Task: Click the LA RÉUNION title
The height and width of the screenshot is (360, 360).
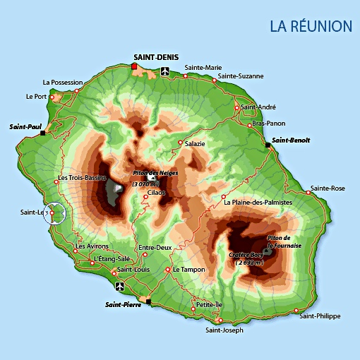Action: (311, 26)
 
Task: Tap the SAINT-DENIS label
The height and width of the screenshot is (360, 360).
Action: (156, 56)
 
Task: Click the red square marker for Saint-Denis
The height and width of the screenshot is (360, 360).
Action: (134, 66)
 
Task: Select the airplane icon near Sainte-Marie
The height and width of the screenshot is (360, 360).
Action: (165, 71)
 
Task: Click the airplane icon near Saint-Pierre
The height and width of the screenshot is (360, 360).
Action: (119, 286)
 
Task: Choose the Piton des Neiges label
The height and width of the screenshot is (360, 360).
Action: (155, 173)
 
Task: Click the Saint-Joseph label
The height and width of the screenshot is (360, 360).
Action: (224, 330)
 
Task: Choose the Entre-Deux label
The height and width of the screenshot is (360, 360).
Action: (155, 248)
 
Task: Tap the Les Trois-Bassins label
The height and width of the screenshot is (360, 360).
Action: (83, 178)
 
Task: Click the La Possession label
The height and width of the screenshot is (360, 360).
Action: (63, 82)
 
